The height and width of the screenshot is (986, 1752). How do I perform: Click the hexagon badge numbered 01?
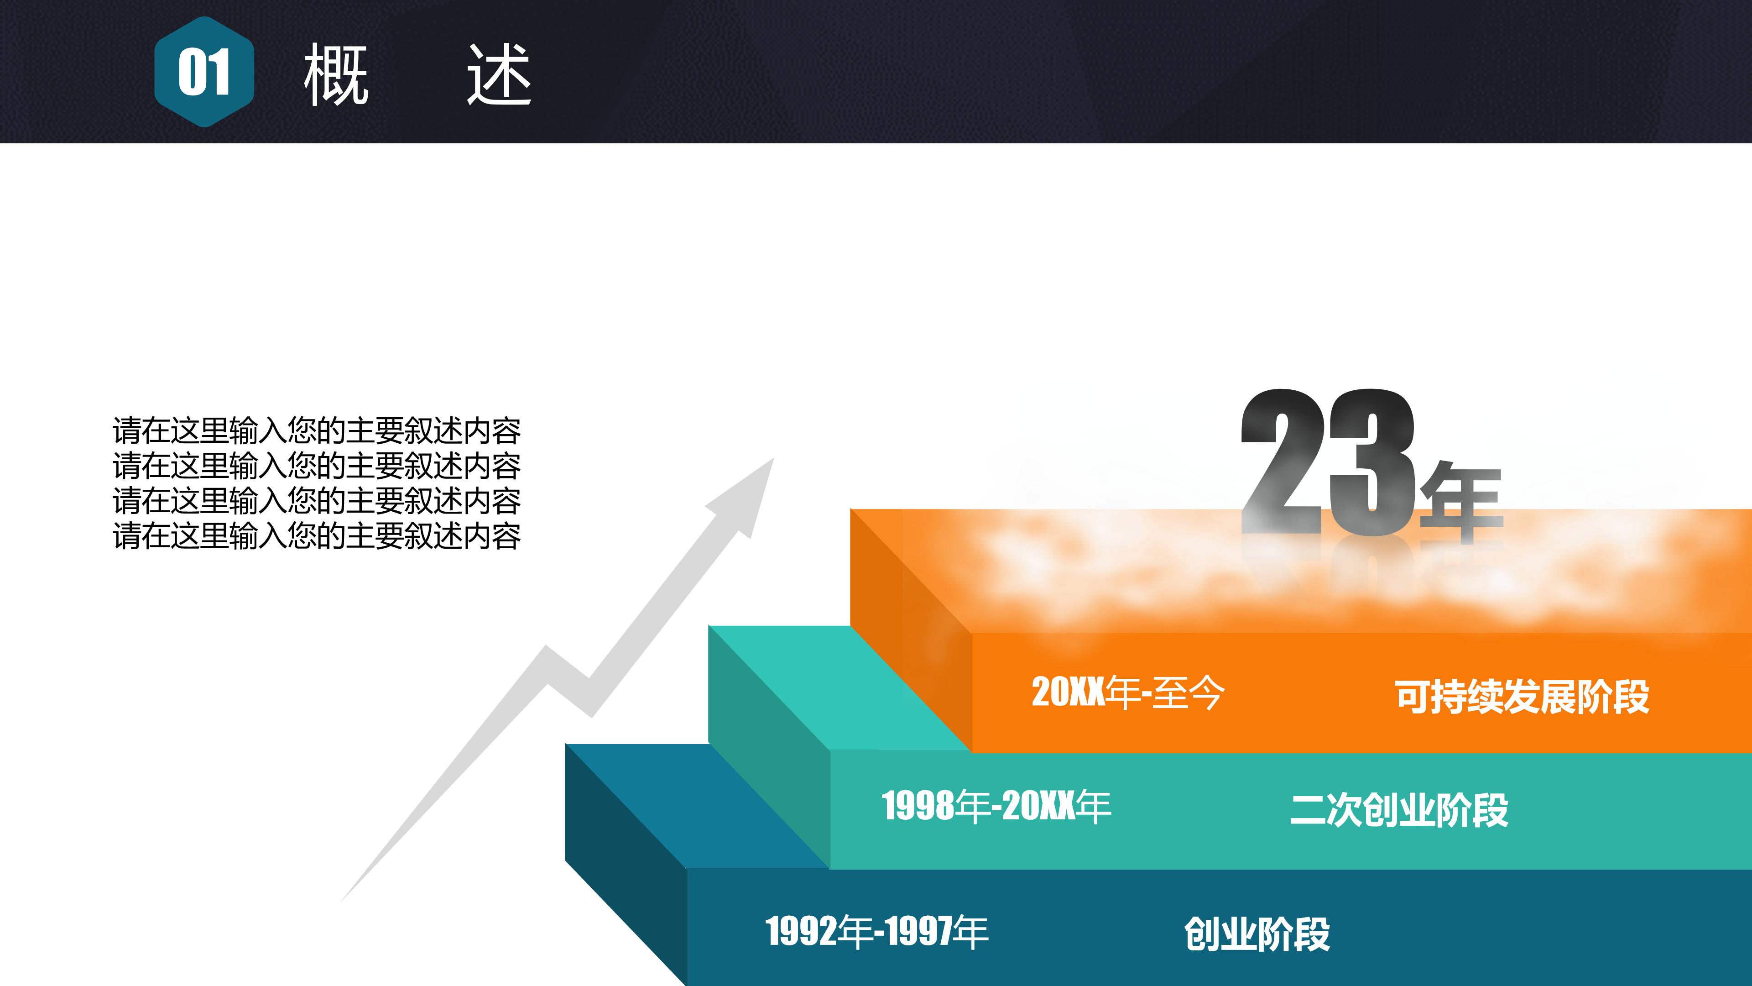[x=204, y=72]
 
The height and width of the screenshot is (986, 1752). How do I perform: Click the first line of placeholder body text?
[x=316, y=431]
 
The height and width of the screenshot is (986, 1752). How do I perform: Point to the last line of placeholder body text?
[x=316, y=536]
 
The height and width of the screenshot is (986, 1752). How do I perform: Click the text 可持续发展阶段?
[x=1522, y=697]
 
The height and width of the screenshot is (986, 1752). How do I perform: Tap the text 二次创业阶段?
[x=1399, y=810]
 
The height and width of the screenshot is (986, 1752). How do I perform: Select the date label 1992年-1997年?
[x=876, y=932]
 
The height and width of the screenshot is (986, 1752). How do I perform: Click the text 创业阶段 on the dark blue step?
[x=1257, y=934]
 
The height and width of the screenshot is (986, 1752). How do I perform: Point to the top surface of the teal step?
[x=837, y=687]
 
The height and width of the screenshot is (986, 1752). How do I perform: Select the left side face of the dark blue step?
[x=626, y=864]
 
